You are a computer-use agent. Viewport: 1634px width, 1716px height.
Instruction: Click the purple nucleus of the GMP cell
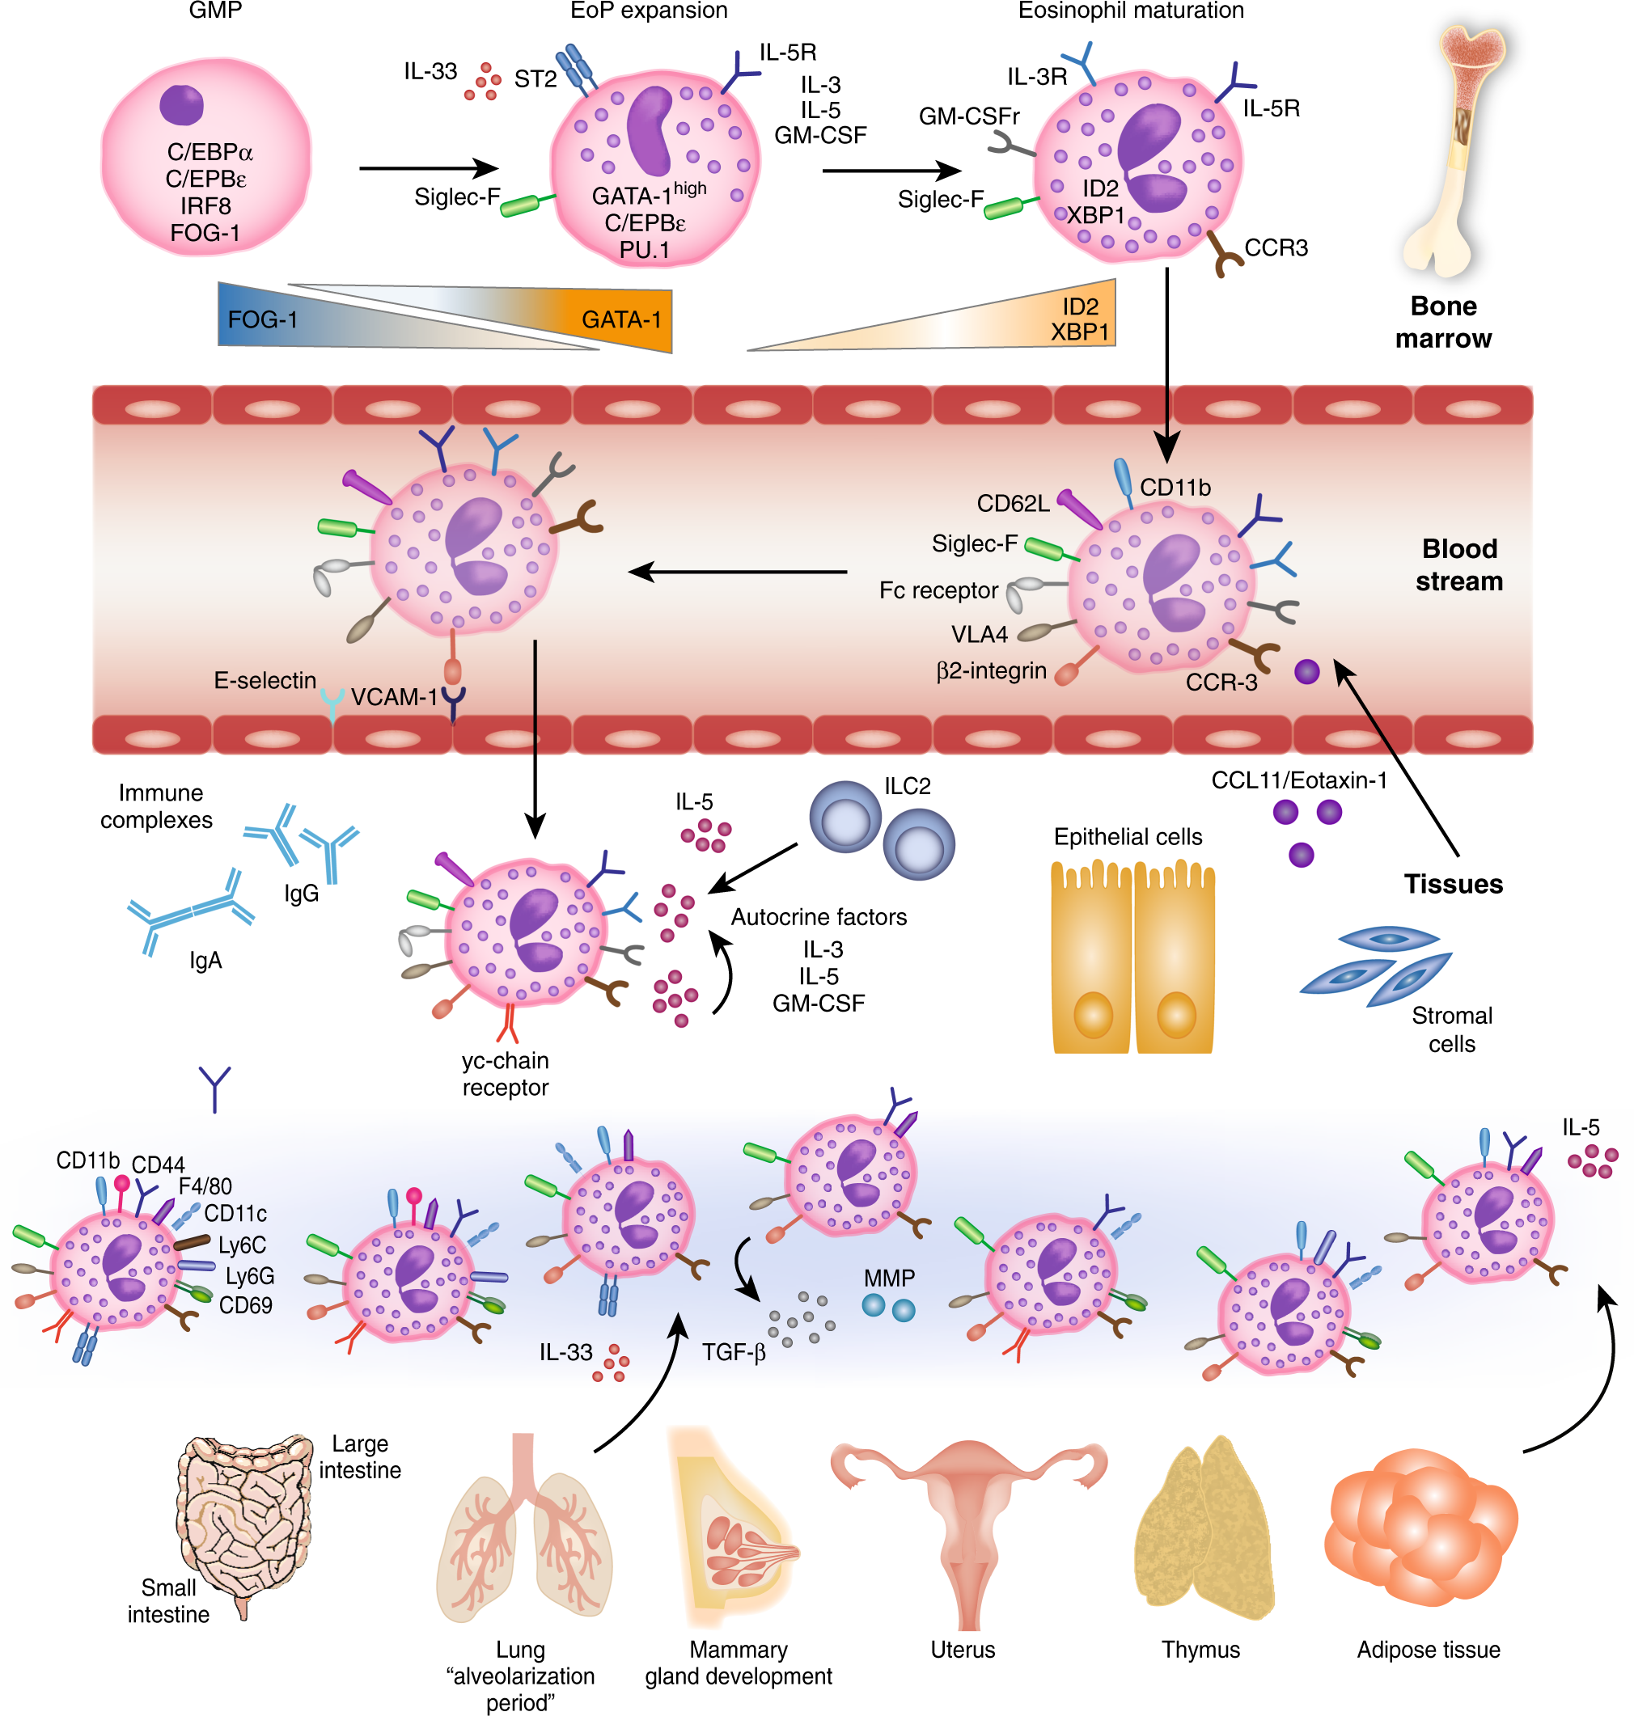pyautogui.click(x=181, y=104)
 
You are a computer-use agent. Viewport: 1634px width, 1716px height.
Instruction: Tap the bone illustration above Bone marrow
pyautogui.click(x=1455, y=148)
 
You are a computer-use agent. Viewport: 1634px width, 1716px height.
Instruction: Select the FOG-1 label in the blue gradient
pyautogui.click(x=262, y=320)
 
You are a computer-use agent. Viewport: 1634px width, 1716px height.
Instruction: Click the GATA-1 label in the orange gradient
pyautogui.click(x=621, y=320)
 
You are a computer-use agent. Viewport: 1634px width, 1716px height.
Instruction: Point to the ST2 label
pyautogui.click(x=535, y=79)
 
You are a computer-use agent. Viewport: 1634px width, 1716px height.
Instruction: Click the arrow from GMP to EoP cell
pyautogui.click(x=429, y=168)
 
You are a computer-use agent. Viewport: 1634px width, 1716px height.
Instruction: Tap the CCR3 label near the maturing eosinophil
pyautogui.click(x=1276, y=248)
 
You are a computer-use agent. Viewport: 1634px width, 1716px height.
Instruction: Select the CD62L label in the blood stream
pyautogui.click(x=1013, y=503)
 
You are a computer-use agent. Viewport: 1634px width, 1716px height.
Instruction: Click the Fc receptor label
pyautogui.click(x=938, y=590)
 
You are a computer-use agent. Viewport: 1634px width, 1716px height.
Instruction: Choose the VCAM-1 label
pyautogui.click(x=394, y=697)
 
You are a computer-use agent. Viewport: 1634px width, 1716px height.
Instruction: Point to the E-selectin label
pyautogui.click(x=265, y=680)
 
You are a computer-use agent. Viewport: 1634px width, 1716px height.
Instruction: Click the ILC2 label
pyautogui.click(x=908, y=786)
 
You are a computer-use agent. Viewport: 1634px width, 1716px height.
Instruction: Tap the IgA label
pyautogui.click(x=205, y=961)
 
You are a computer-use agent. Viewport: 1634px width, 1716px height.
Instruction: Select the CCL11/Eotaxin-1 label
pyautogui.click(x=1298, y=780)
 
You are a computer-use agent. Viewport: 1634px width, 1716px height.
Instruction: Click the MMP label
pyautogui.click(x=889, y=1278)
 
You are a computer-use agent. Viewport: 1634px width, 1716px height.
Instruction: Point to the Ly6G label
pyautogui.click(x=250, y=1276)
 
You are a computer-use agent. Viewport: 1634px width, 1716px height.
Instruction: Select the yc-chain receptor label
pyautogui.click(x=506, y=1073)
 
